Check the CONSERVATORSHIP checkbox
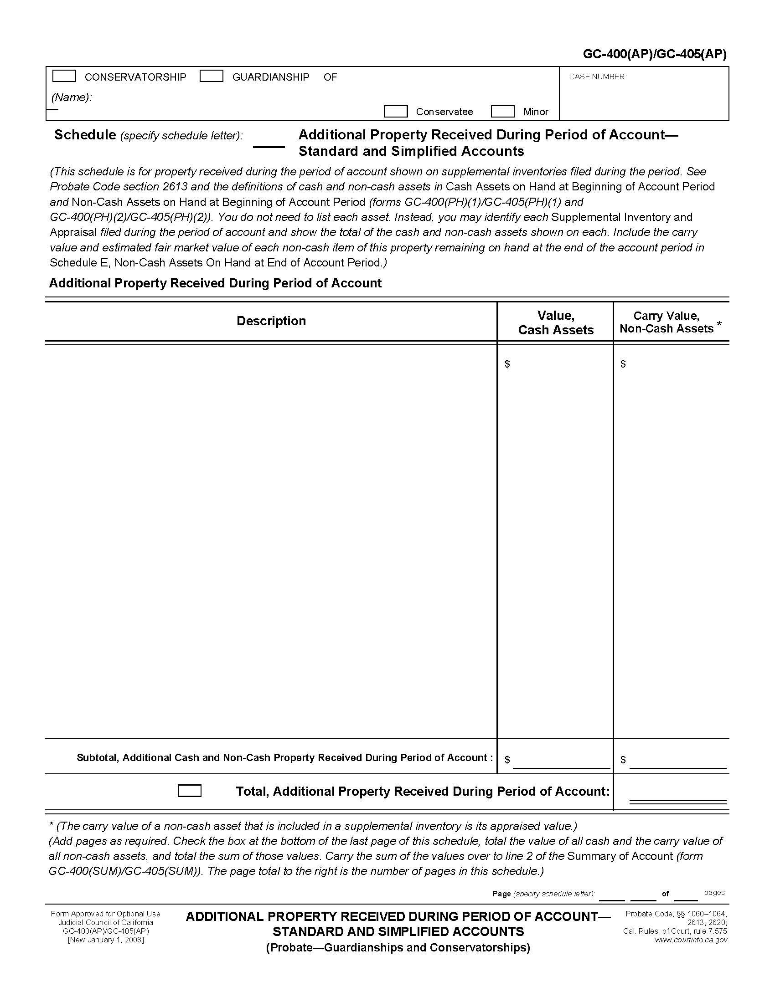(x=64, y=76)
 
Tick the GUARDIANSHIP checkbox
(x=211, y=76)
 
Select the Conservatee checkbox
(x=395, y=112)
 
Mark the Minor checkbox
(x=502, y=112)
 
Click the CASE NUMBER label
(x=597, y=77)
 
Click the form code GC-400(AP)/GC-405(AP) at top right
(x=654, y=55)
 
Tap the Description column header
(x=271, y=321)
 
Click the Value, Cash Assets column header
(x=556, y=322)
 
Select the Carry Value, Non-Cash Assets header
(x=666, y=322)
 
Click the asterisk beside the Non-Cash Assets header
(x=719, y=325)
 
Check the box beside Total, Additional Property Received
(x=189, y=791)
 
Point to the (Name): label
(x=71, y=97)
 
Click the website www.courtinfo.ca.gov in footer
(x=691, y=940)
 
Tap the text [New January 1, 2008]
(x=106, y=940)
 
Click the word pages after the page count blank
(x=714, y=893)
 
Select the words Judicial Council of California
(x=106, y=923)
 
